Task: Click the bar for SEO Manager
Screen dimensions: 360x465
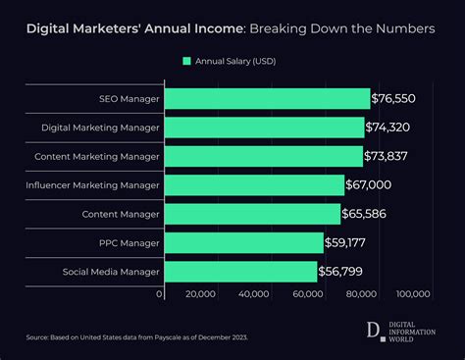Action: [x=266, y=99]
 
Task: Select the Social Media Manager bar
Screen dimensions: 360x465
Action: [x=239, y=272]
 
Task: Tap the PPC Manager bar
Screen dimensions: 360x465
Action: [x=242, y=243]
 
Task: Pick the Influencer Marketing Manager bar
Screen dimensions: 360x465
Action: [x=253, y=185]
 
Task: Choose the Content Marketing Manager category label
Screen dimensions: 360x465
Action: [x=96, y=157]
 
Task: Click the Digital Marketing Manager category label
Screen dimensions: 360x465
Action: [x=100, y=128]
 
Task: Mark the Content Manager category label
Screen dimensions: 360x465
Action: [x=122, y=214]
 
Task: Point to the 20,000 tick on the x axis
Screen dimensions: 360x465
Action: [x=200, y=293]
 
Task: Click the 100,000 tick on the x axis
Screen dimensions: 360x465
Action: [x=413, y=293]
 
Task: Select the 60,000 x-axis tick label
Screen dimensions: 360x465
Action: [x=307, y=293]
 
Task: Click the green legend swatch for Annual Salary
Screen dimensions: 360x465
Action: [x=186, y=62]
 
